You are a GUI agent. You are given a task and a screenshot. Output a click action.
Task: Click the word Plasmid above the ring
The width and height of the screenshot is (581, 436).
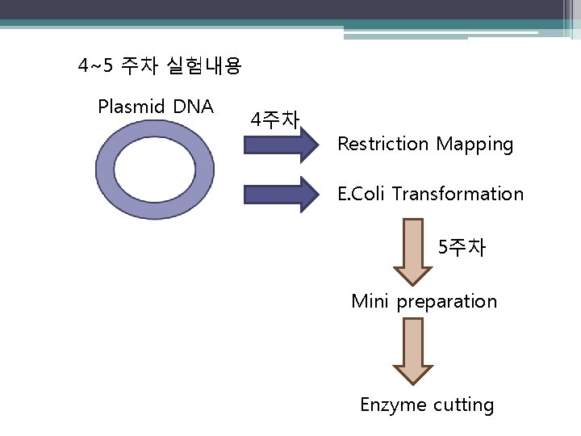tap(128, 106)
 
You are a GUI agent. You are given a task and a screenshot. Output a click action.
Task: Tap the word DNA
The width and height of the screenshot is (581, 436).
tap(193, 106)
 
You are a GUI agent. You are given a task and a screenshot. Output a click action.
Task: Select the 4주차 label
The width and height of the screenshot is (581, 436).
tap(275, 121)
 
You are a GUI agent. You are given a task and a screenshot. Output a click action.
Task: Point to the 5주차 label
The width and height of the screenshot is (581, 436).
tap(462, 248)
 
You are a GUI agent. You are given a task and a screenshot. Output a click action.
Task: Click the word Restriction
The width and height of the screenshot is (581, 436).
tap(383, 145)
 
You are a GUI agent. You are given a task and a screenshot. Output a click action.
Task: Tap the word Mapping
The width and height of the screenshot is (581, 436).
tap(474, 145)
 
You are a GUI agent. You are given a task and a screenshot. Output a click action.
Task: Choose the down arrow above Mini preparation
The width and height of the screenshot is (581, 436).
tap(413, 251)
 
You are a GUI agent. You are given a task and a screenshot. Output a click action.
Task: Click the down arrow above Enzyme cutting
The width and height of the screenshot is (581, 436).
tap(413, 351)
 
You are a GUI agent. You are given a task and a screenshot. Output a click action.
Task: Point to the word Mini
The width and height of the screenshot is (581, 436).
tap(370, 302)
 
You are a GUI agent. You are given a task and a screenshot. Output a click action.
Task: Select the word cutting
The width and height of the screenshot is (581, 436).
tap(463, 405)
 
